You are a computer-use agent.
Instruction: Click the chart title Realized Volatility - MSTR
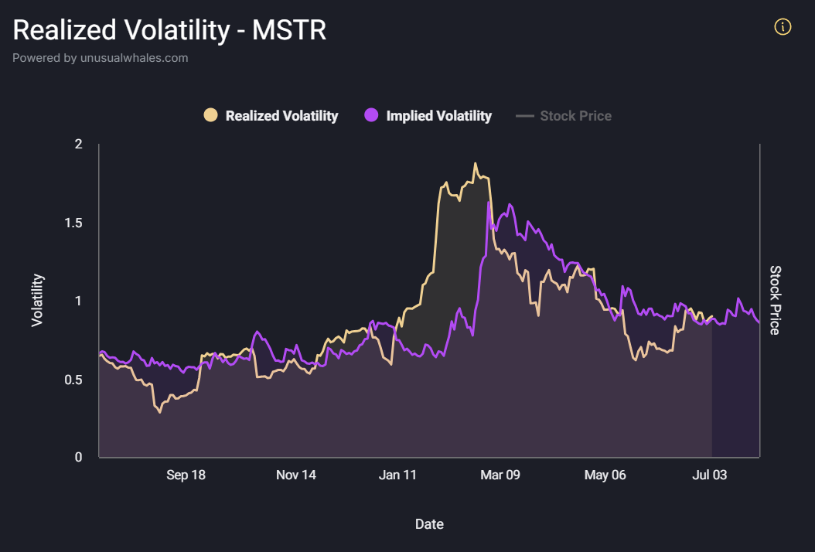[169, 30]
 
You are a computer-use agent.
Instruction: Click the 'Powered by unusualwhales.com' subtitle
[100, 58]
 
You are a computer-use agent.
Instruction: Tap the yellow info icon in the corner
[783, 28]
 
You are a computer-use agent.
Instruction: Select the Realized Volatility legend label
[281, 116]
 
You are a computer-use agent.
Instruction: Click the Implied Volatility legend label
[438, 116]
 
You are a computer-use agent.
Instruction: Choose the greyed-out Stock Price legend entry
[575, 116]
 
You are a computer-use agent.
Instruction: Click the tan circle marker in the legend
[210, 115]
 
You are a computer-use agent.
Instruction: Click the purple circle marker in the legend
[371, 115]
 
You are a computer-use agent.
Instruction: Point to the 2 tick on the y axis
[78, 145]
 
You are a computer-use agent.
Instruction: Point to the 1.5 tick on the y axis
[73, 223]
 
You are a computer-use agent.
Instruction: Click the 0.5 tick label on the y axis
[73, 380]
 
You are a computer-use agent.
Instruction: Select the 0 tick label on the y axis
[78, 458]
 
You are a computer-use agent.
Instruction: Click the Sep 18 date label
[186, 475]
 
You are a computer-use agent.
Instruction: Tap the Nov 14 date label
[296, 475]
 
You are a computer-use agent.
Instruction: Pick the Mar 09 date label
[500, 475]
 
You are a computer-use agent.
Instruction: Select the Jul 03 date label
[708, 475]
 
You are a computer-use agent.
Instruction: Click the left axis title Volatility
[37, 300]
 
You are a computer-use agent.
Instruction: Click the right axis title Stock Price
[776, 300]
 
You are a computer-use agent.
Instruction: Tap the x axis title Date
[429, 524]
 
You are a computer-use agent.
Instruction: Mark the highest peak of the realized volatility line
[476, 163]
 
